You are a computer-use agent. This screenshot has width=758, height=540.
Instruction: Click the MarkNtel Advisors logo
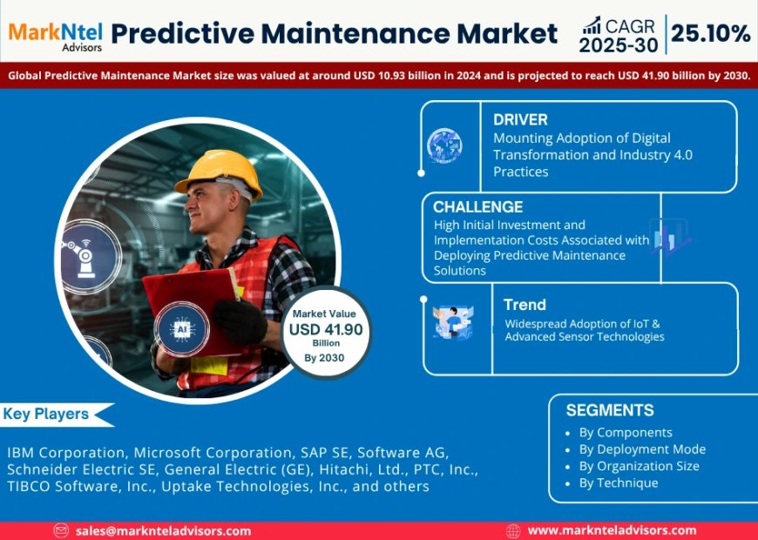pyautogui.click(x=55, y=34)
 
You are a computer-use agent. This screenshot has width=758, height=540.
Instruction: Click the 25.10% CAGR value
pyautogui.click(x=710, y=34)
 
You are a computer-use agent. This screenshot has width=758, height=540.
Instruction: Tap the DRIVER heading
pyautogui.click(x=520, y=119)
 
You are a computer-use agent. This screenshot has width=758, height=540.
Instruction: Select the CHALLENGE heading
pyautogui.click(x=477, y=207)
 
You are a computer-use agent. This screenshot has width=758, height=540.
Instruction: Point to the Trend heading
pyautogui.click(x=525, y=305)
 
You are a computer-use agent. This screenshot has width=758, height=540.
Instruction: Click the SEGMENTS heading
pyautogui.click(x=609, y=410)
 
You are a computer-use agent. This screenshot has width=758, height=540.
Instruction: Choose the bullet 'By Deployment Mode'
pyautogui.click(x=642, y=449)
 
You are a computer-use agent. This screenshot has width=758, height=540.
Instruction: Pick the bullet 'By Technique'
pyautogui.click(x=619, y=483)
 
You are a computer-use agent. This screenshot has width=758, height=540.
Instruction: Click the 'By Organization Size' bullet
pyautogui.click(x=639, y=466)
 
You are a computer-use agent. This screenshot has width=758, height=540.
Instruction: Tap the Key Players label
pyautogui.click(x=46, y=415)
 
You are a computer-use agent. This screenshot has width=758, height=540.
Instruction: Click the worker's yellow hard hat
pyautogui.click(x=219, y=171)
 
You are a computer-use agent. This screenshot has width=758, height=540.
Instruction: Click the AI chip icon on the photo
pyautogui.click(x=181, y=331)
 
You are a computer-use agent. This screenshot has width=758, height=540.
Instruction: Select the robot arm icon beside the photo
pyautogui.click(x=85, y=256)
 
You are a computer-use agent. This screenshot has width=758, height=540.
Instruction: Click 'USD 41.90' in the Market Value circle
pyautogui.click(x=326, y=330)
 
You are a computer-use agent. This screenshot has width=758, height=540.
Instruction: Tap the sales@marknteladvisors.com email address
pyautogui.click(x=163, y=530)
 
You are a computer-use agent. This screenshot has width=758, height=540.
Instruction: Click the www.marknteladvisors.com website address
pyautogui.click(x=612, y=530)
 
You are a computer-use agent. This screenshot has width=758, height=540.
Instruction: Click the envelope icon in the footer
pyautogui.click(x=61, y=530)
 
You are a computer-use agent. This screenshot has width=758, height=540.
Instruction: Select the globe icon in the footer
pyautogui.click(x=513, y=530)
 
